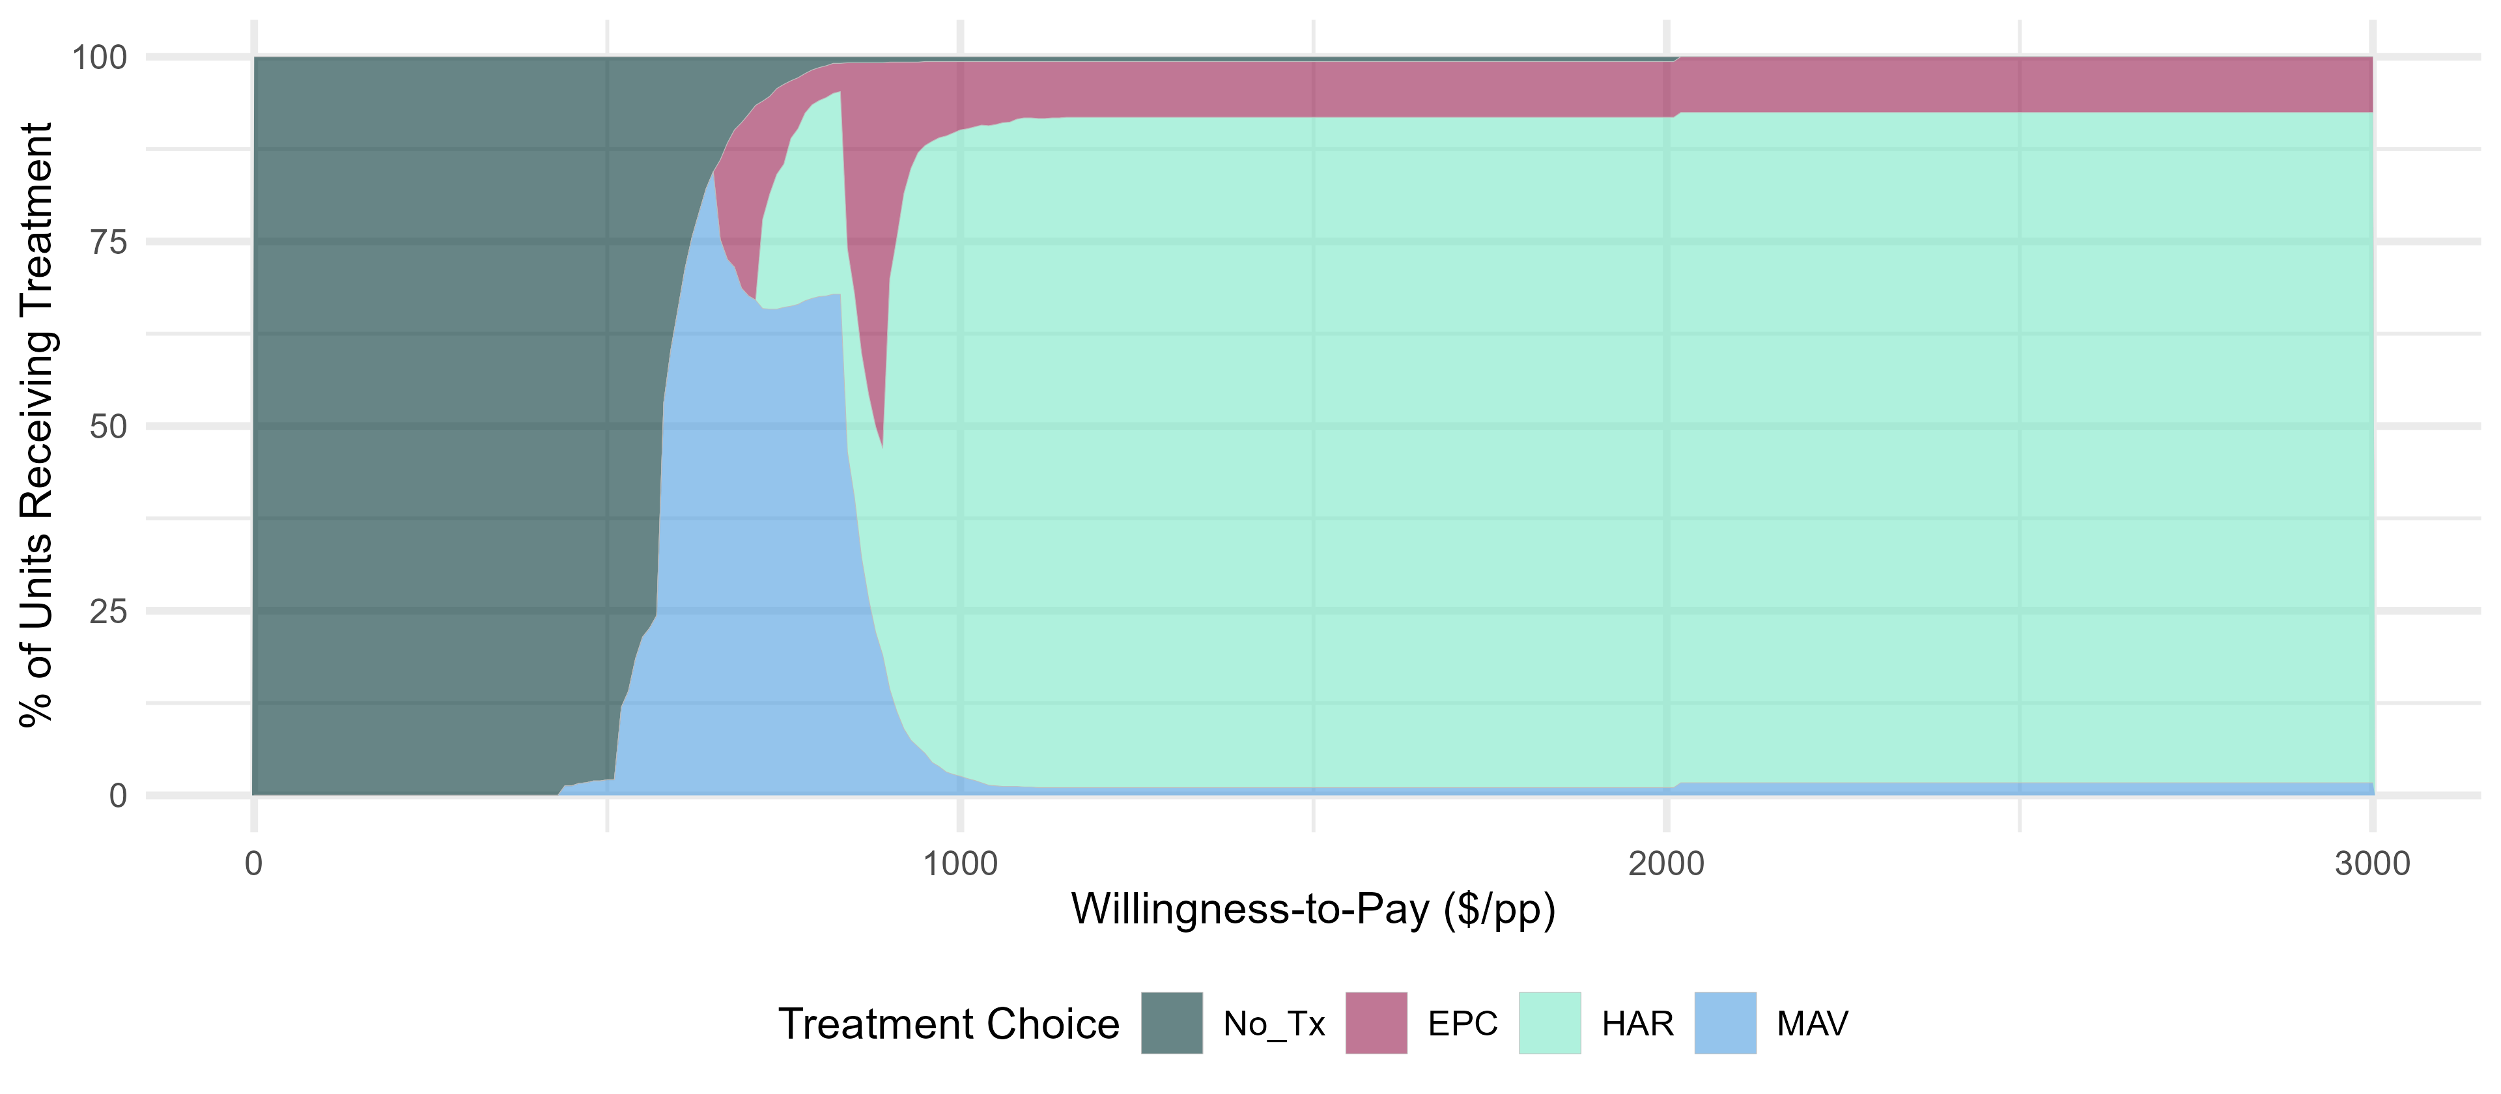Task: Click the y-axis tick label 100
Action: tap(99, 57)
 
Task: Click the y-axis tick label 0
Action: tap(117, 796)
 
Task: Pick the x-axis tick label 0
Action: tap(253, 863)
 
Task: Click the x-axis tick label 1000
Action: tap(960, 863)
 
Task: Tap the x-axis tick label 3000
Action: tap(2373, 863)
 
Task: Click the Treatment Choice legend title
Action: tap(948, 1024)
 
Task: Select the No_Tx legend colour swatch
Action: tap(1172, 1023)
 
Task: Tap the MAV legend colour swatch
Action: tap(1725, 1023)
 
